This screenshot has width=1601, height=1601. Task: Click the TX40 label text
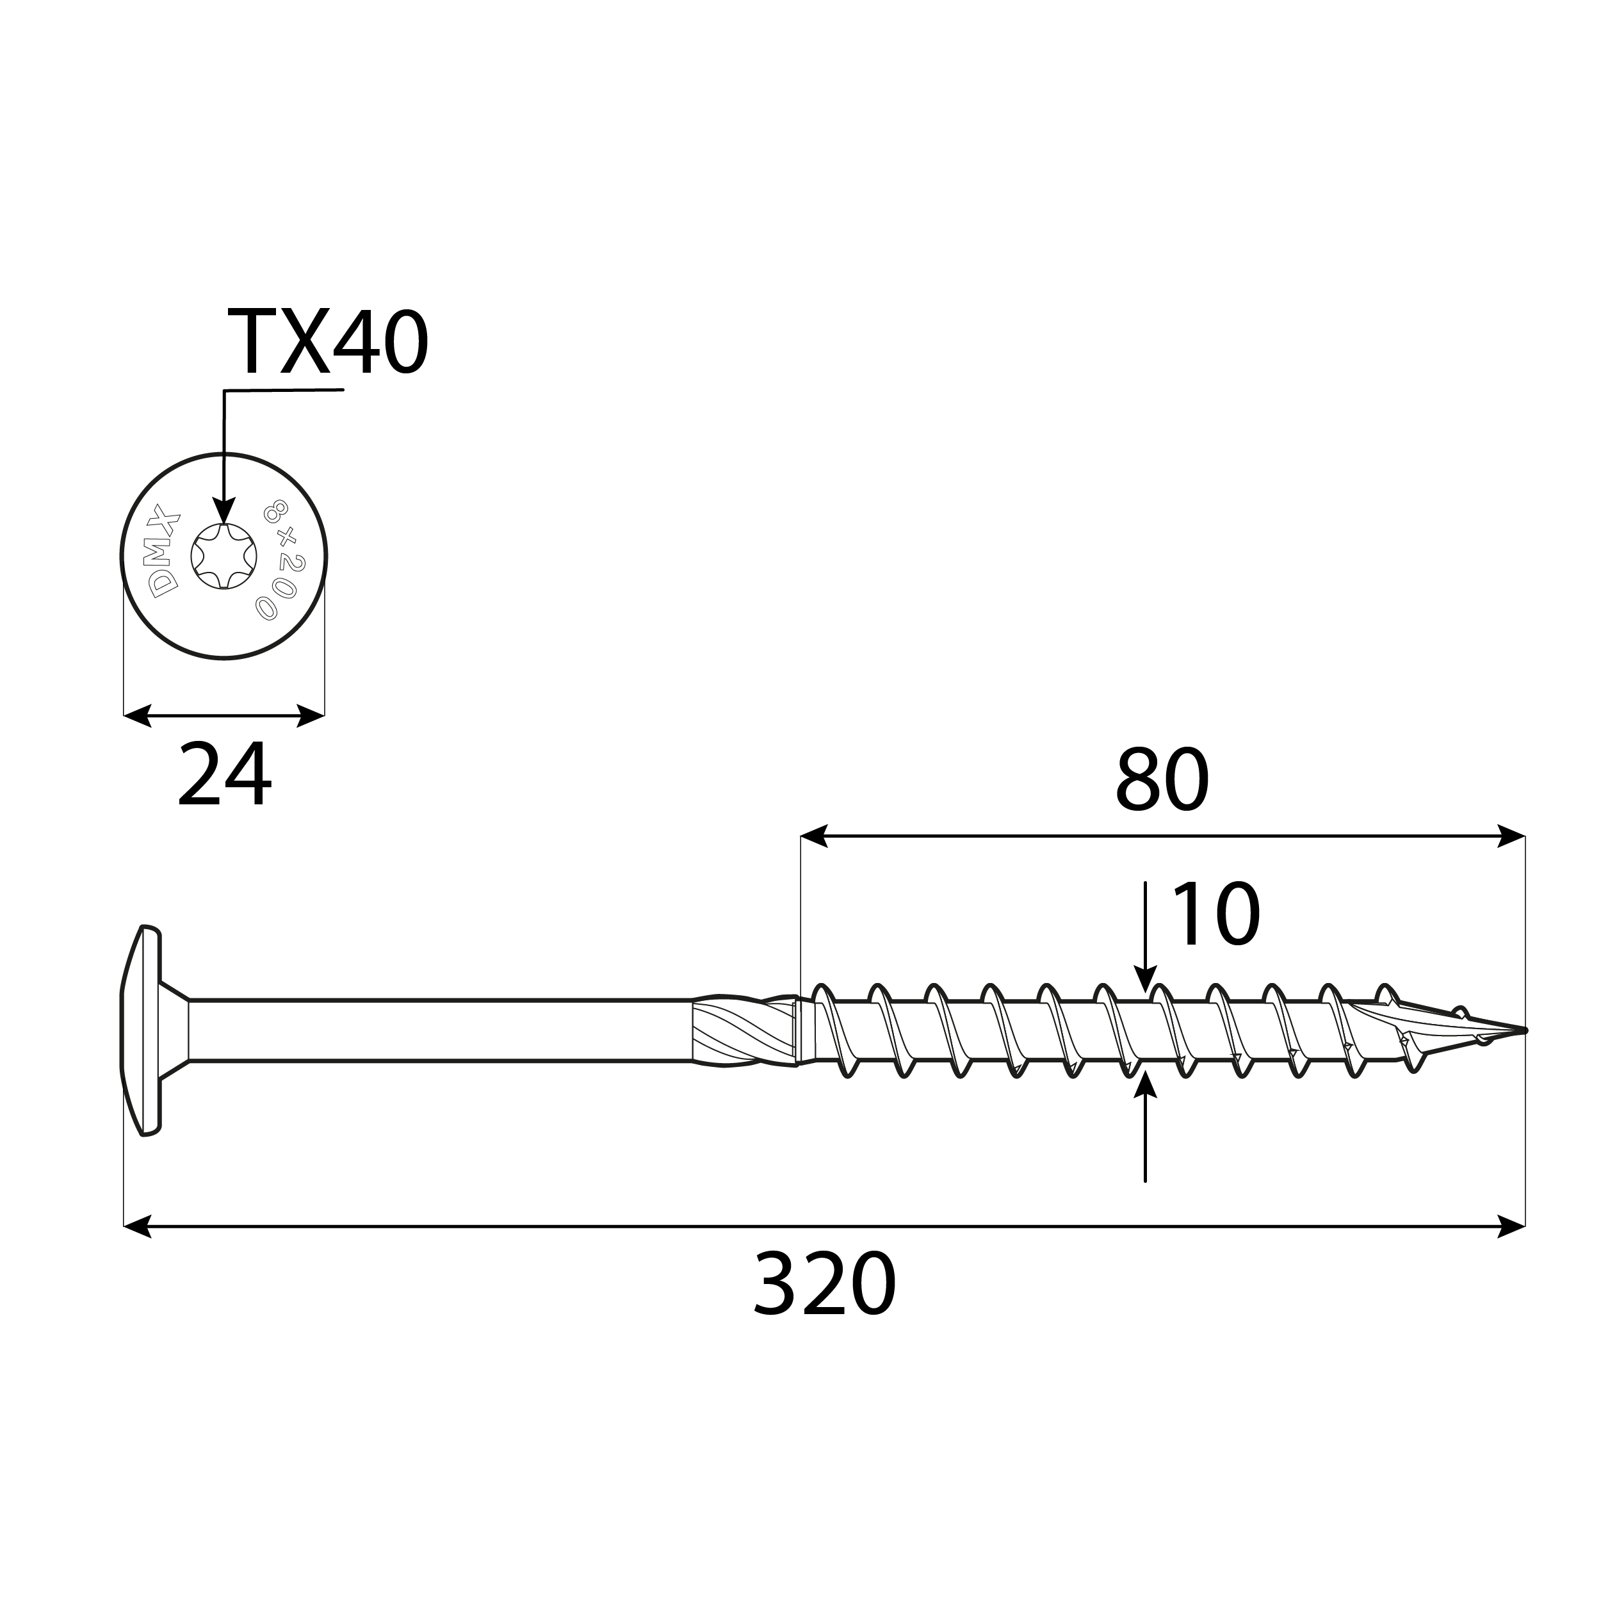coord(327,342)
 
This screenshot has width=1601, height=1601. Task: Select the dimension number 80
coord(1162,781)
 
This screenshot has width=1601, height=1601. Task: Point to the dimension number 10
coord(1215,915)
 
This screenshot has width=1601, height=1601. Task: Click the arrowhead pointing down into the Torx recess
coord(223,510)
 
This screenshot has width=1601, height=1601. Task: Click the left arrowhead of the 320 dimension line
coord(138,1226)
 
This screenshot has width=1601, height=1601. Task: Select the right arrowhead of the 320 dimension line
coord(1511,1226)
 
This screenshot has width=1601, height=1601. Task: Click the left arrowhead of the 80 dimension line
coord(815,836)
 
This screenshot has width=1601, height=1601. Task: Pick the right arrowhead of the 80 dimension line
coord(1511,836)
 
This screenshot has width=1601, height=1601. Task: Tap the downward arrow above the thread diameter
coord(1144,980)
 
